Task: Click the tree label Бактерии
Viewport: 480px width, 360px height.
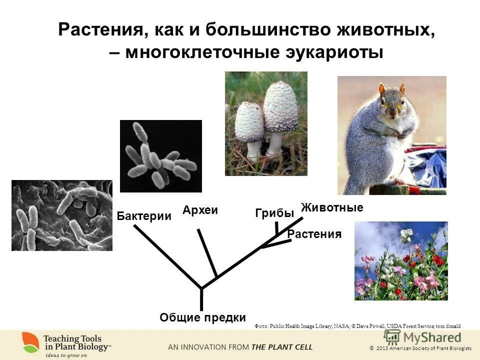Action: click(x=144, y=216)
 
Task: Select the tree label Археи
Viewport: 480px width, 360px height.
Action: click(x=200, y=210)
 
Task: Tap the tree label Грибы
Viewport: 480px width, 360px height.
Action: click(x=274, y=213)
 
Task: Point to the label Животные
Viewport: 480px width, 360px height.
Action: click(x=332, y=207)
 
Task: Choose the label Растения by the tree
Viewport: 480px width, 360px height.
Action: click(x=314, y=234)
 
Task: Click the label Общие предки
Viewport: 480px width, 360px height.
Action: click(x=202, y=317)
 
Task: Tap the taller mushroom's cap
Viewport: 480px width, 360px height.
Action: click(x=280, y=106)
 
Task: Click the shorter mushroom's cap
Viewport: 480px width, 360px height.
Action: click(x=249, y=121)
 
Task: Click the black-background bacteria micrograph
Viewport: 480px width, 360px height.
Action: click(x=160, y=156)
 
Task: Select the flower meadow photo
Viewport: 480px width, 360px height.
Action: click(x=401, y=260)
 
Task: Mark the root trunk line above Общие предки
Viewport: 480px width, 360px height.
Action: click(x=201, y=300)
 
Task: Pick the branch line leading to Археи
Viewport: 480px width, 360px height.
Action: click(x=207, y=253)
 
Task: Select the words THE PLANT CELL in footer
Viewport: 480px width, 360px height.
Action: click(x=282, y=346)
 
